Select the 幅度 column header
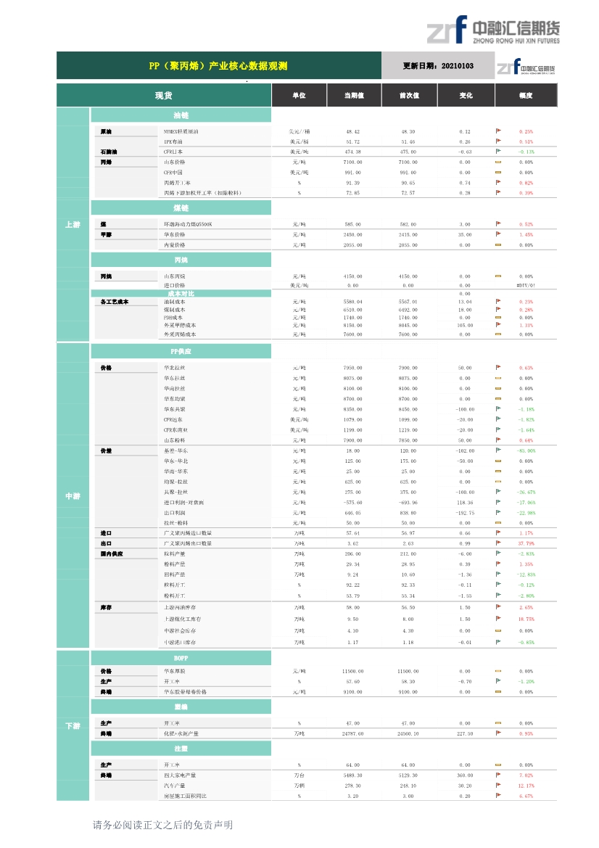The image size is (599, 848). (526, 96)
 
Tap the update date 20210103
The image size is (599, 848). (438, 66)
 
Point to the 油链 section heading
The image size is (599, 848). (181, 115)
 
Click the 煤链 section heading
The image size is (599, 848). (181, 208)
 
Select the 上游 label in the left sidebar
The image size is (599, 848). (73, 225)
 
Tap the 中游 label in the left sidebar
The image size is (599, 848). (73, 496)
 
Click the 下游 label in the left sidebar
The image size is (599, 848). (73, 726)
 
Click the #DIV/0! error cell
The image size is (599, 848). (526, 286)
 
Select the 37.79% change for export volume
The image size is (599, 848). (526, 543)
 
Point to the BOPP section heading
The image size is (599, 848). (181, 657)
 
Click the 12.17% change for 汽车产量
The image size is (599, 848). (526, 786)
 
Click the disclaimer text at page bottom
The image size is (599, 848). (162, 825)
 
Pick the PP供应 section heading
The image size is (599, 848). (181, 351)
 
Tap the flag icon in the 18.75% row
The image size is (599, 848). (498, 619)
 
